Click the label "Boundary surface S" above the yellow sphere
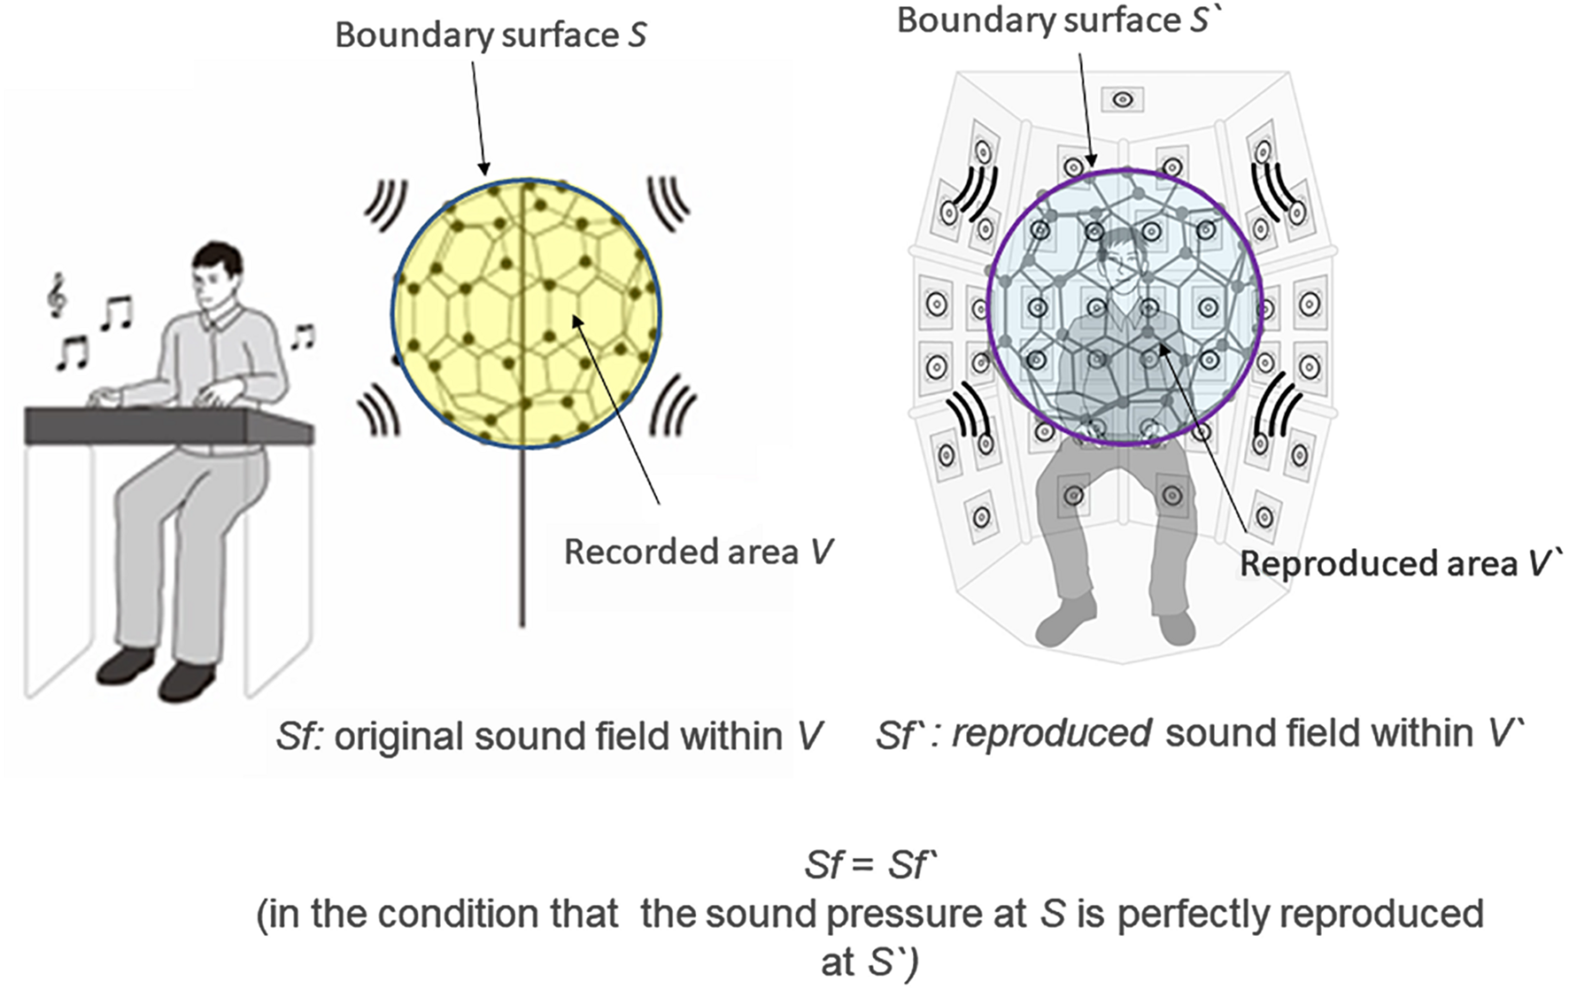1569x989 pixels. [x=491, y=35]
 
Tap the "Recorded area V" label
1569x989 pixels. [x=699, y=552]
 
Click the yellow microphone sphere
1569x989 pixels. [x=526, y=313]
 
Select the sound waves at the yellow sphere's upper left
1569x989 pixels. [x=386, y=205]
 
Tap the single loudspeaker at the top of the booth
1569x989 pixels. [x=1122, y=99]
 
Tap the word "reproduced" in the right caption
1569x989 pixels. [x=1051, y=734]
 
